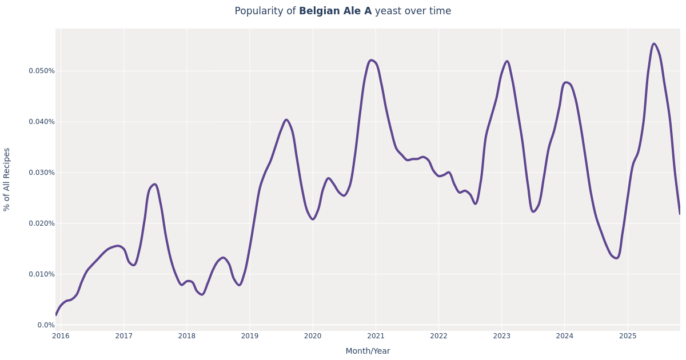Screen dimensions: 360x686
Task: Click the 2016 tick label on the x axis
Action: click(61, 336)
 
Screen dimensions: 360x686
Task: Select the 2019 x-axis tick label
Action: click(250, 336)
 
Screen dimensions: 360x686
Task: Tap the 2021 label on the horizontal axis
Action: click(376, 336)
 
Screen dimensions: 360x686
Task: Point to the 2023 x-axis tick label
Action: click(502, 336)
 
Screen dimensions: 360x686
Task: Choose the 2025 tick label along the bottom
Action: click(628, 336)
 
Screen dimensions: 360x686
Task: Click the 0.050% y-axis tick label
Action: click(42, 71)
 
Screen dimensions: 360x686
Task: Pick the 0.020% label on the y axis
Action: click(42, 223)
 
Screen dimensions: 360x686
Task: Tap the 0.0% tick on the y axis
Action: click(46, 325)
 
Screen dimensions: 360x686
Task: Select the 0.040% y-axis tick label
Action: click(42, 122)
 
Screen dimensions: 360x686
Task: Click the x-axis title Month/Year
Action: click(368, 351)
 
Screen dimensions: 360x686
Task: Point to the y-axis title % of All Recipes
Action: click(7, 179)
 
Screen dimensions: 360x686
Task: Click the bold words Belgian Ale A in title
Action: click(335, 11)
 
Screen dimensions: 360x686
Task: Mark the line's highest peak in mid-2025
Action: click(654, 43)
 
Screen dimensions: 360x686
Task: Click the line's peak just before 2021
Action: click(372, 60)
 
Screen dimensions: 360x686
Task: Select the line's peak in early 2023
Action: click(506, 61)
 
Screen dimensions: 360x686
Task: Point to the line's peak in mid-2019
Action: click(286, 120)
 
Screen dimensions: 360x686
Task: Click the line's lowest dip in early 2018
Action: click(202, 294)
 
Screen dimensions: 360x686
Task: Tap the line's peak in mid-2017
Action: click(154, 184)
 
